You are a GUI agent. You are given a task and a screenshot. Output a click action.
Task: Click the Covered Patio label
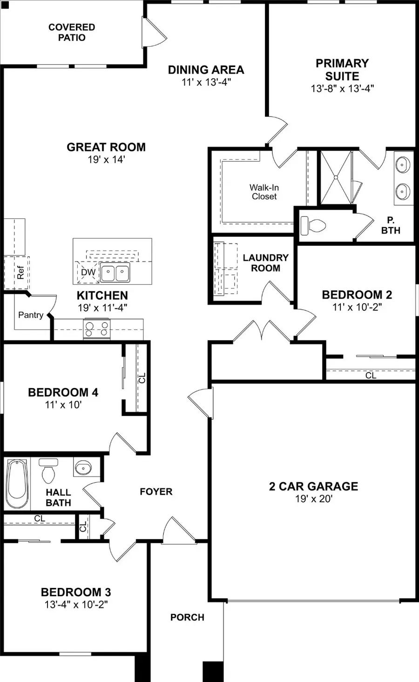[72, 33]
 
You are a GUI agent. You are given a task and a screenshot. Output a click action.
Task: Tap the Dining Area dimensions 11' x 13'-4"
[206, 82]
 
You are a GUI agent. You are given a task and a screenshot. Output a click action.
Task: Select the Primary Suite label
[342, 69]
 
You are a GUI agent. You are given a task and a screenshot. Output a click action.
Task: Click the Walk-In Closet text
[264, 192]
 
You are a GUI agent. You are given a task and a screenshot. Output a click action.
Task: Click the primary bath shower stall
[335, 177]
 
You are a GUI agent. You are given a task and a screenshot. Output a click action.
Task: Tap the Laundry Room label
[265, 263]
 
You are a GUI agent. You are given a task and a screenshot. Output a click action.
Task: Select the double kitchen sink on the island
[115, 273]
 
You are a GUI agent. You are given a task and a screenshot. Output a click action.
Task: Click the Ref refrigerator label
[20, 273]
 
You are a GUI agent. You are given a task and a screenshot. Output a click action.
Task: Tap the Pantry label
[31, 315]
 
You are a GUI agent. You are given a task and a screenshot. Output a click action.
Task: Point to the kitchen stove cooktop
[97, 329]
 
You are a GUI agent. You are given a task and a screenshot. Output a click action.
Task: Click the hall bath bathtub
[17, 484]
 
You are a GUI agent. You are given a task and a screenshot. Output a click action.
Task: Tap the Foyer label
[156, 491]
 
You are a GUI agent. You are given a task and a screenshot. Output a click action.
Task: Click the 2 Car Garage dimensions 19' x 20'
[313, 499]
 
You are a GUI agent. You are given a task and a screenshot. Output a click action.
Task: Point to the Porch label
[187, 617]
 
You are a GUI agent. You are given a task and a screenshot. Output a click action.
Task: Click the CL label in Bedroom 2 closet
[371, 375]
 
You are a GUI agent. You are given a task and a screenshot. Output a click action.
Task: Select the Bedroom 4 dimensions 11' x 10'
[63, 405]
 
